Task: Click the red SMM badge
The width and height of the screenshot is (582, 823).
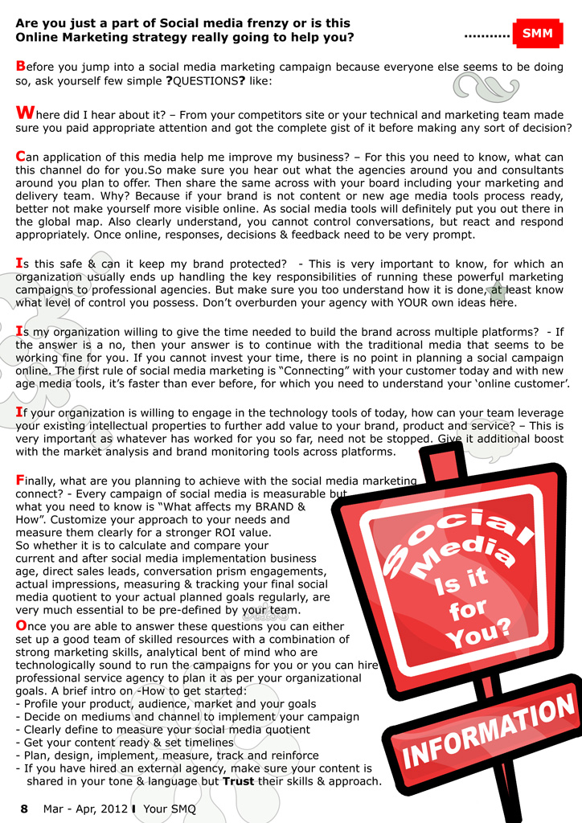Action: (x=537, y=34)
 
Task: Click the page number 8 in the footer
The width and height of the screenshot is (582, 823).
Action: (x=24, y=809)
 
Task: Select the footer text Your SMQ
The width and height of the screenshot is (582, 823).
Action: (x=170, y=809)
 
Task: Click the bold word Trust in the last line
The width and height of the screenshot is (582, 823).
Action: (x=239, y=781)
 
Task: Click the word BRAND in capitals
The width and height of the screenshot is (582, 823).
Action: (x=273, y=507)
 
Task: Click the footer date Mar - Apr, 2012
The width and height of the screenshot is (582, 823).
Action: (x=85, y=809)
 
